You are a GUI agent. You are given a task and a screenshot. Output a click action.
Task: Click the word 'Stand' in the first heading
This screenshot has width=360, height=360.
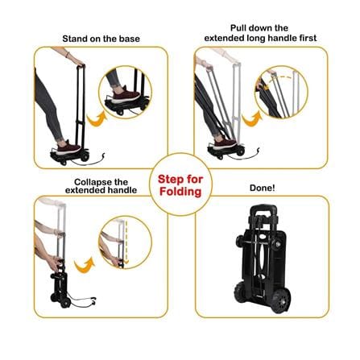pyautogui.click(x=72, y=39)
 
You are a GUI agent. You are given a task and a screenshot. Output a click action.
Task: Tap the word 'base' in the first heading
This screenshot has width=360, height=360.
pyautogui.click(x=130, y=39)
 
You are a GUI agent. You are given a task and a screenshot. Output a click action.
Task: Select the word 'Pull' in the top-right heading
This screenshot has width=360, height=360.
pyautogui.click(x=238, y=28)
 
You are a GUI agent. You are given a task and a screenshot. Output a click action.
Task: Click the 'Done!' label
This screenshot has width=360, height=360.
pyautogui.click(x=263, y=188)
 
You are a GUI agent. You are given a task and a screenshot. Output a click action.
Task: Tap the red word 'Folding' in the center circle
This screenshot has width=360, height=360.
pyautogui.click(x=180, y=192)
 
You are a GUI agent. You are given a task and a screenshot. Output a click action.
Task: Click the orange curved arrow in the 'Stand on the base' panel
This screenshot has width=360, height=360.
pyautogui.click(x=97, y=119)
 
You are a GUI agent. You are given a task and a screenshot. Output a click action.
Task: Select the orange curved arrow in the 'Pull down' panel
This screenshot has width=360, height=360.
pyautogui.click(x=251, y=119)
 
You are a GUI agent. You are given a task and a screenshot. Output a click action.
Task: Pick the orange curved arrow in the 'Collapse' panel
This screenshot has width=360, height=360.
pyautogui.click(x=85, y=265)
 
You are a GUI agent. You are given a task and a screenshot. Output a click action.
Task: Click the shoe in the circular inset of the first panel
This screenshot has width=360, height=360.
pyautogui.click(x=126, y=95)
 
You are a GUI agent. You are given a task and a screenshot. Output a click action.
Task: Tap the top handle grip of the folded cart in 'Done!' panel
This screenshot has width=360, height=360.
pyautogui.click(x=263, y=209)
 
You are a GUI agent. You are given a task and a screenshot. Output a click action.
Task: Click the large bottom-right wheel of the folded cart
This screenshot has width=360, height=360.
pyautogui.click(x=281, y=300)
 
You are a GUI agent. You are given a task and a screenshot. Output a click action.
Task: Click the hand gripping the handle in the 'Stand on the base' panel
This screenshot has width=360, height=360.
pyautogui.click(x=79, y=63)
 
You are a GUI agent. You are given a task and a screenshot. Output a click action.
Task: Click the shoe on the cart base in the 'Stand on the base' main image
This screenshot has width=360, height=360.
pyautogui.click(x=68, y=148)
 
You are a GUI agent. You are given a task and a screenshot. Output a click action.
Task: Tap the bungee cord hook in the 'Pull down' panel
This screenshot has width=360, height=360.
pyautogui.click(x=259, y=151)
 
